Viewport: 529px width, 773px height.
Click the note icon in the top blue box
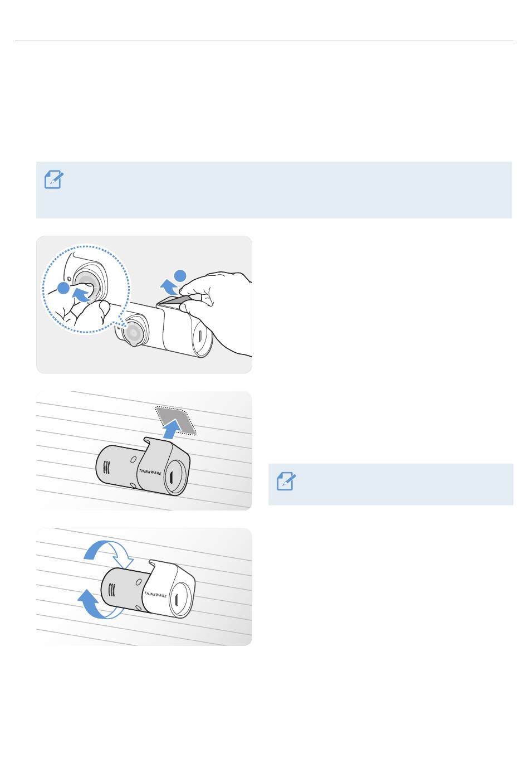pyautogui.click(x=54, y=179)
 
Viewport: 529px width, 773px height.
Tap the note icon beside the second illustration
pyautogui.click(x=286, y=481)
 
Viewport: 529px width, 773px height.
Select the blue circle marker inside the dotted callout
pyautogui.click(x=63, y=288)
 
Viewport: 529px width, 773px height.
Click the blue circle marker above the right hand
pyautogui.click(x=180, y=276)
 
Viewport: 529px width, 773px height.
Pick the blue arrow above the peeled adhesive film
pyautogui.click(x=169, y=287)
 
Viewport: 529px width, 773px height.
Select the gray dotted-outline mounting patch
pyautogui.click(x=175, y=420)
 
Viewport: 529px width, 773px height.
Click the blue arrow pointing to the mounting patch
pyautogui.click(x=173, y=429)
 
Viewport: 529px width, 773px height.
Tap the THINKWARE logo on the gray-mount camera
pyautogui.click(x=150, y=471)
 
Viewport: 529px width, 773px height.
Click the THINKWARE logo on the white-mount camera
pyautogui.click(x=155, y=595)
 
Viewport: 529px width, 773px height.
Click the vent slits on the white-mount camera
pyautogui.click(x=111, y=590)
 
